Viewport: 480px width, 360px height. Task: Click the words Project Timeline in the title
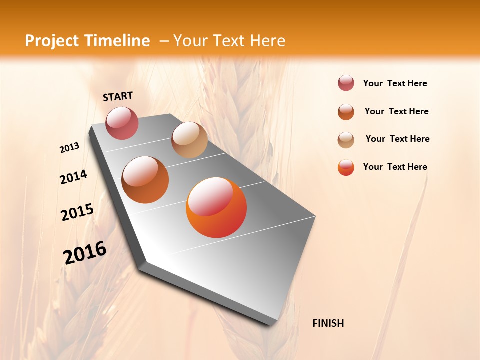pos(87,41)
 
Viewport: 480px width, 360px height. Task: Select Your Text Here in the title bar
pos(229,41)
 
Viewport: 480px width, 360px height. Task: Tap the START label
pos(118,96)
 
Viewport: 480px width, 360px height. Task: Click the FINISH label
pos(328,323)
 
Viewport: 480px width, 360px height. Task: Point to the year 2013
pos(70,148)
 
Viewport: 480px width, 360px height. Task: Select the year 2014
pos(73,177)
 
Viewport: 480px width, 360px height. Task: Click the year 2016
pos(85,252)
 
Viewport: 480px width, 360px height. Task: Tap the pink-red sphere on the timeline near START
pos(122,123)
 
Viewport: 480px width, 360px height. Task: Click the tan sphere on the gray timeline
pos(189,140)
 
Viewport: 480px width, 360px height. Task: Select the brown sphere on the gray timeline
pos(145,180)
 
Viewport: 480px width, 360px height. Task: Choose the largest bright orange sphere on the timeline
pos(216,207)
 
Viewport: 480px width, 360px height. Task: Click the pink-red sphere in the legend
pos(346,83)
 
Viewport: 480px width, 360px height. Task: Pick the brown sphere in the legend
pos(346,112)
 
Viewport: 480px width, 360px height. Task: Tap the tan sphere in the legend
pos(346,140)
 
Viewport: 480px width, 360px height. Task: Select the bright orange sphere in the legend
pos(346,167)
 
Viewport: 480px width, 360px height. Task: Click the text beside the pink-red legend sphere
pos(395,83)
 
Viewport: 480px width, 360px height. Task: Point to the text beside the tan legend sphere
pos(397,139)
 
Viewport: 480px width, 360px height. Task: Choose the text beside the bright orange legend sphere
pos(395,167)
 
